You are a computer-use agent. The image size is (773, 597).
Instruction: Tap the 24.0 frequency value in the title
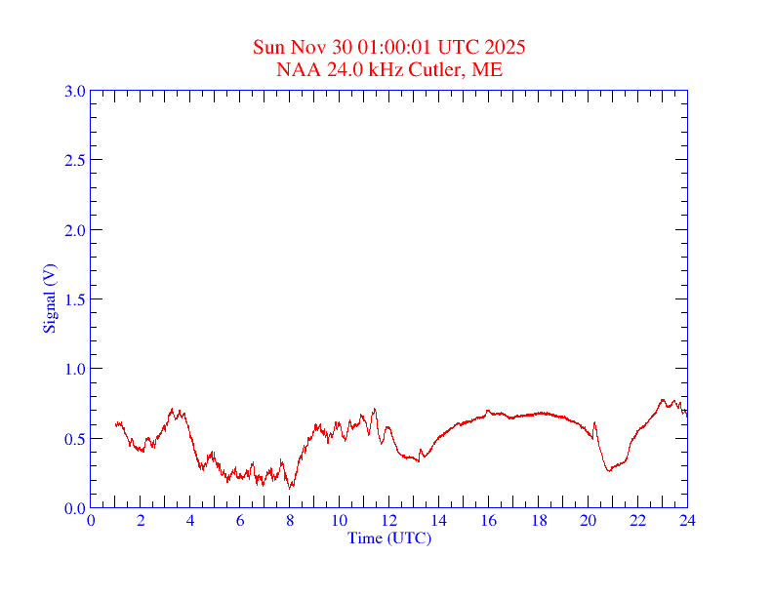(x=334, y=69)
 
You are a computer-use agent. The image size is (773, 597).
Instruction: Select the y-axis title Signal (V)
(x=49, y=298)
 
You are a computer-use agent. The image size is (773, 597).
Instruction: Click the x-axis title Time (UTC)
(x=388, y=537)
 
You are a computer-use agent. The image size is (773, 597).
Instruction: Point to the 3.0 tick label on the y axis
(x=75, y=91)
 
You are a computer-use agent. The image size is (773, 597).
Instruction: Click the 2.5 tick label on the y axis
(x=75, y=160)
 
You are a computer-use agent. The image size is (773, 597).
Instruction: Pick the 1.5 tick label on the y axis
(x=75, y=299)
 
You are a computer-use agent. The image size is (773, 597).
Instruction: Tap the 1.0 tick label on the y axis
(x=75, y=369)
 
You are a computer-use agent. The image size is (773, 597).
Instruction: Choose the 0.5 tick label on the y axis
(x=75, y=439)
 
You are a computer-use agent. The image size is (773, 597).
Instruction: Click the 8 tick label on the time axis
(x=290, y=520)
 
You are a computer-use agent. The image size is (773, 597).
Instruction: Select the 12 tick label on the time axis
(x=389, y=520)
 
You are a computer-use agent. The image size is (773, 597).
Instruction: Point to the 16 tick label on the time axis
(x=489, y=520)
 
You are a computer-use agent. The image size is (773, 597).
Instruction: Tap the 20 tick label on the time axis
(x=589, y=520)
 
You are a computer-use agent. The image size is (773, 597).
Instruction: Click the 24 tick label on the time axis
(x=687, y=520)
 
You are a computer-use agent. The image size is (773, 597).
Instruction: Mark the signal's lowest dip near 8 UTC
(x=291, y=486)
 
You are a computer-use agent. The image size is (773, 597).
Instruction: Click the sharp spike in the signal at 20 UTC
(x=594, y=422)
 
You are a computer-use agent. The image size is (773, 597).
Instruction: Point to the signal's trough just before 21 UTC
(x=609, y=470)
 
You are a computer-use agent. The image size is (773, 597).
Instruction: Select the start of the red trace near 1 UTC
(x=116, y=424)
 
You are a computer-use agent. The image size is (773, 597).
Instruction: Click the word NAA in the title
(x=296, y=69)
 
